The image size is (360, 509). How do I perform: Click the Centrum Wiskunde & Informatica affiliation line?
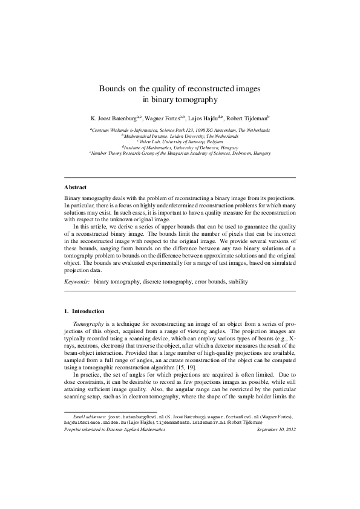pyautogui.click(x=180, y=130)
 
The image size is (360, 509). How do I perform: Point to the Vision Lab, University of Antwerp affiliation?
pyautogui.click(x=180, y=142)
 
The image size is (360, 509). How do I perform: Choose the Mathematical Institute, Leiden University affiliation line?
pyautogui.click(x=180, y=136)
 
